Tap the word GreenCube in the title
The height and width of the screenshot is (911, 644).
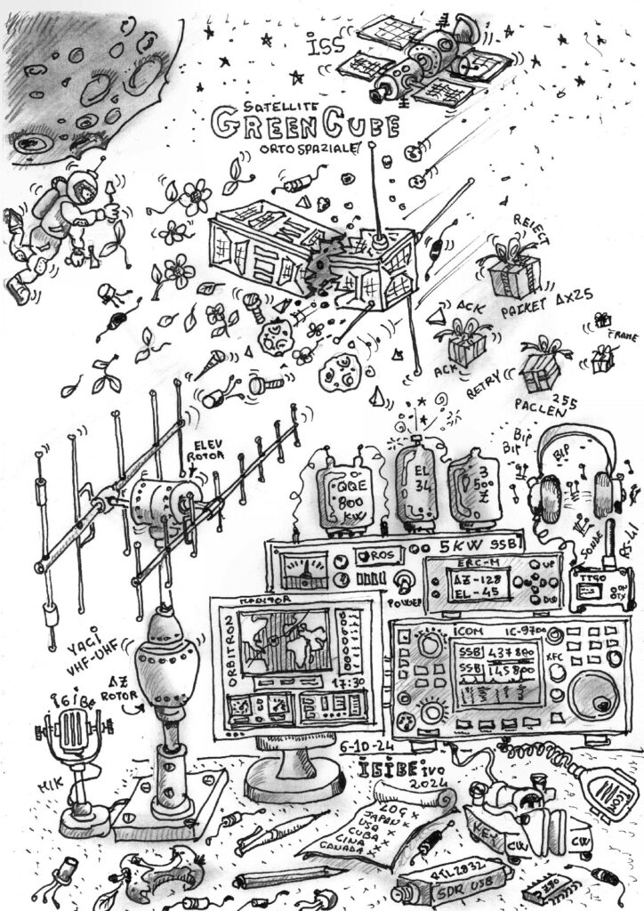point(303,125)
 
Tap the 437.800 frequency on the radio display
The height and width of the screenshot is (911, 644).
point(498,651)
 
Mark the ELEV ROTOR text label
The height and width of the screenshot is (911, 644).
point(205,451)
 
